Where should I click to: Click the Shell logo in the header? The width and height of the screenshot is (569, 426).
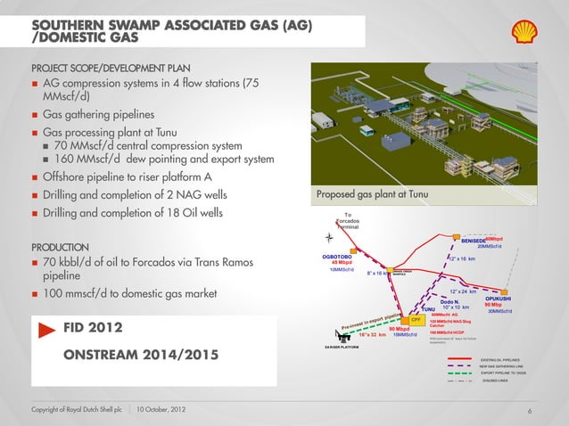coord(525,32)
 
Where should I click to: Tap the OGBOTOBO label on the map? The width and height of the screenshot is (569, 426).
coord(340,256)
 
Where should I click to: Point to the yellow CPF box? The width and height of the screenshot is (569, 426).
coord(416,319)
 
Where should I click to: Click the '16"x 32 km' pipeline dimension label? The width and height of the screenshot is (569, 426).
coord(366,335)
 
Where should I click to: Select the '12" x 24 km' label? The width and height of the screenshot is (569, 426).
coord(467,291)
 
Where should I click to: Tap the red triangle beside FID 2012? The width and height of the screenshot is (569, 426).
coord(47,329)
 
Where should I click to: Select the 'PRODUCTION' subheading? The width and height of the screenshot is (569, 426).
coord(59,246)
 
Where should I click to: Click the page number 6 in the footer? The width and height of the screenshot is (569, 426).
coord(530,410)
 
